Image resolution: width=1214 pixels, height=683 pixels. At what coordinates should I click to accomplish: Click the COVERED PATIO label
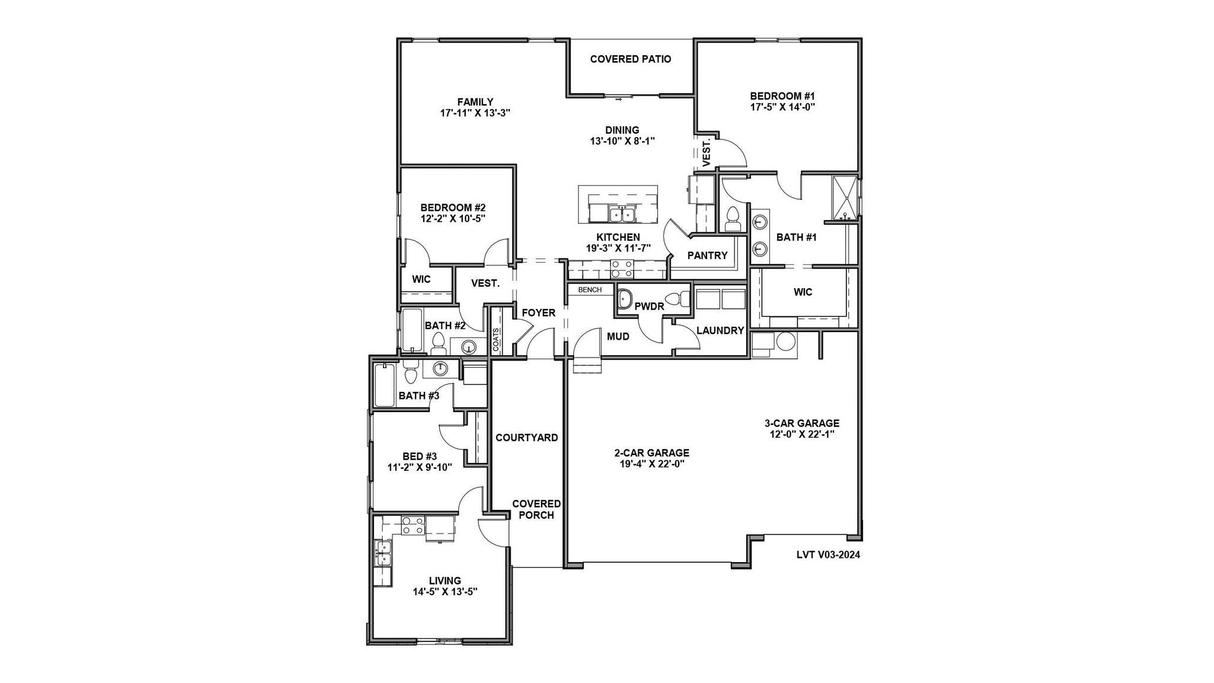[x=630, y=59]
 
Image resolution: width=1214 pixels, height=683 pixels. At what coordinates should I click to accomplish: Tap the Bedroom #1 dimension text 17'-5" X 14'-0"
[x=782, y=107]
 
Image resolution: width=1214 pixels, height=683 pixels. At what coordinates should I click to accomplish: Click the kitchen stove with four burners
[x=622, y=269]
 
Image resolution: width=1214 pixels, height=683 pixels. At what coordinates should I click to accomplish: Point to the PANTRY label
[x=707, y=256]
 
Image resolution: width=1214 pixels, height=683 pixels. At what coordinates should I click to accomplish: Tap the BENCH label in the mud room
[x=590, y=290]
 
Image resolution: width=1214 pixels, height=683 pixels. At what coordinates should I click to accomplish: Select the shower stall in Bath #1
[x=845, y=198]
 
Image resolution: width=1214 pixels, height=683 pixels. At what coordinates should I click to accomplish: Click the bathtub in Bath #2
[x=411, y=330]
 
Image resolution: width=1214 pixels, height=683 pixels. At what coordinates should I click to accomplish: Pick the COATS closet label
[x=496, y=340]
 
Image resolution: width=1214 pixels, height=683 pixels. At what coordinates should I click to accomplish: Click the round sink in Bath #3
[x=440, y=369]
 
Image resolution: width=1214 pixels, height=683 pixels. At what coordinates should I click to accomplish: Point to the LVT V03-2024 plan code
[x=828, y=556]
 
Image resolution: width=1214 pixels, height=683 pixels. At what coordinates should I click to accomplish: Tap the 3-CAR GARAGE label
[x=801, y=423]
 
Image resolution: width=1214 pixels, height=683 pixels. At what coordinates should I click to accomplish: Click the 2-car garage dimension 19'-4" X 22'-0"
[x=651, y=464]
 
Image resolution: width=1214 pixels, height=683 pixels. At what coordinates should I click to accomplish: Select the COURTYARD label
[x=526, y=438]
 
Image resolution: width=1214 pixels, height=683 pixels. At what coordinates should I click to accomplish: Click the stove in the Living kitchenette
[x=413, y=526]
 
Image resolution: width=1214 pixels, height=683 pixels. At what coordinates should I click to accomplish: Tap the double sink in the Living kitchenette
[x=382, y=553]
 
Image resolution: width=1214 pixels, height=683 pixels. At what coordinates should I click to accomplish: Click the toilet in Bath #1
[x=733, y=219]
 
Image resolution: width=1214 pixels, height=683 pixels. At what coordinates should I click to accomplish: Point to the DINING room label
[x=622, y=130]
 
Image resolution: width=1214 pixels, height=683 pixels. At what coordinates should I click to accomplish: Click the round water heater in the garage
[x=786, y=343]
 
